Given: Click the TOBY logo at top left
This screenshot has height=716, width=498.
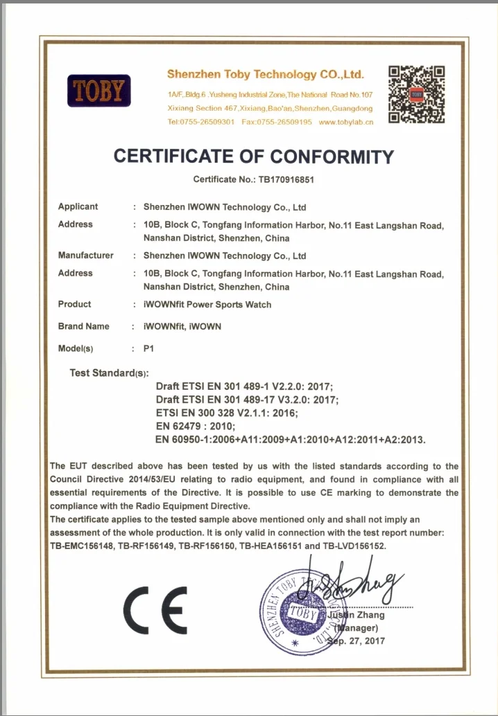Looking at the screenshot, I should click(98, 91).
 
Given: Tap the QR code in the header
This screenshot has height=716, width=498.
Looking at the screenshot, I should click(416, 94).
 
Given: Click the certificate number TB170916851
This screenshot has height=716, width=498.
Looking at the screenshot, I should click(287, 180).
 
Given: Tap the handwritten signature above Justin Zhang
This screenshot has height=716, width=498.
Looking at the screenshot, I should click(354, 587).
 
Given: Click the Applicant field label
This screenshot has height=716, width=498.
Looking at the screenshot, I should click(78, 207).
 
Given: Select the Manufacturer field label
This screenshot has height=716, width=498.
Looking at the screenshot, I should click(85, 256).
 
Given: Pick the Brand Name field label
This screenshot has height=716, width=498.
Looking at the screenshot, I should click(83, 326).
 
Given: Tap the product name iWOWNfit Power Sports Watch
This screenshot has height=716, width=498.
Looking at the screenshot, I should click(207, 305).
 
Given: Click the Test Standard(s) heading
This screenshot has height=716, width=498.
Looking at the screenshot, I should click(109, 374).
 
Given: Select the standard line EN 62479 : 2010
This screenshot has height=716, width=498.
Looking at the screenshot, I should click(196, 427).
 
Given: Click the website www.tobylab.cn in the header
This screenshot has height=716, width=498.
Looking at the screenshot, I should click(346, 122).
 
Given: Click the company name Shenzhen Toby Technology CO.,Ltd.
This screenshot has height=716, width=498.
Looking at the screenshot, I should click(266, 75).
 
